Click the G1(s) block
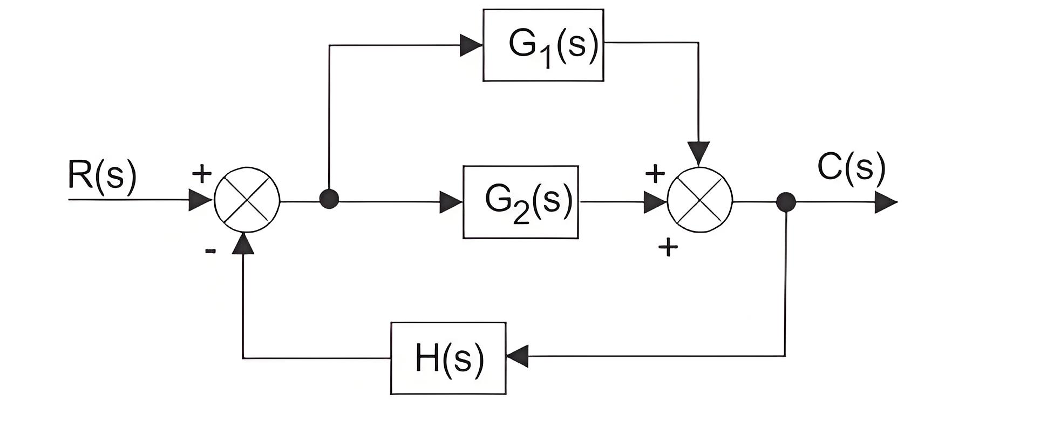pos(543,45)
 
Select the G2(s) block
pos(520,202)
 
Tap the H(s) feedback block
pos(448,358)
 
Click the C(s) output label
pos(852,167)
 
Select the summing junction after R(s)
pos(247,200)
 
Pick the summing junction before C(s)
pos(699,200)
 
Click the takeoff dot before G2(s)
pos(329,199)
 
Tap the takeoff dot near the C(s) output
pos(786,202)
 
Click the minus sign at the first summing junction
pos(210,250)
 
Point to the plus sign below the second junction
pos(668,248)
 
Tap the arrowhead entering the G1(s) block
pos(471,45)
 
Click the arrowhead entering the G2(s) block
pos(451,202)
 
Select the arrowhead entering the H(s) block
pos(518,357)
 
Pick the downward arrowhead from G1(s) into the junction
pos(699,154)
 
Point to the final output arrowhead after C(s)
pos(886,202)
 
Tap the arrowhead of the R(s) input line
pos(200,200)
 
